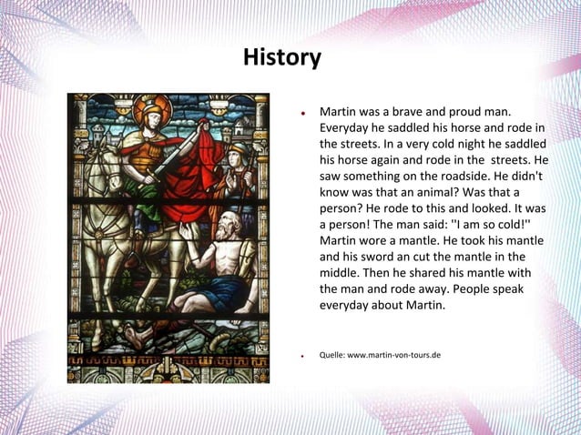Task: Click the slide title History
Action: click(281, 59)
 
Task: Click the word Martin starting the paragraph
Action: click(339, 111)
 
